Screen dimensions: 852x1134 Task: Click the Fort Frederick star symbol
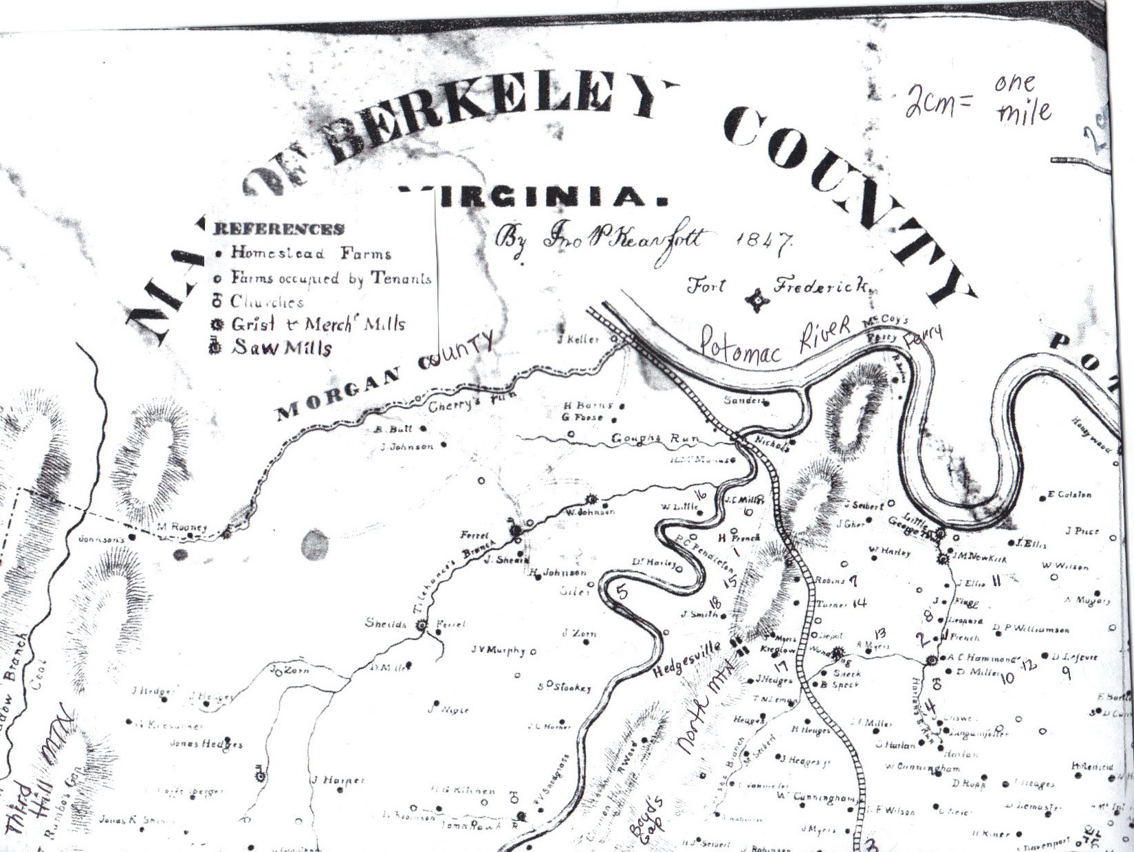point(757,300)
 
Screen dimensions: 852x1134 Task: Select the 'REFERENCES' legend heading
point(279,229)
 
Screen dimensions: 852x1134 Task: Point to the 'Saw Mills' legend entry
point(281,347)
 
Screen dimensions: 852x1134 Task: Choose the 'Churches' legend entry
point(266,302)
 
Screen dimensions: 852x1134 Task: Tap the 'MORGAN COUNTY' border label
point(385,375)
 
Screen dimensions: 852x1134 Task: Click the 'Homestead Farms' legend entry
point(310,253)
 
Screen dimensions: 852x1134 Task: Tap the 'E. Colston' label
point(1069,494)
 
